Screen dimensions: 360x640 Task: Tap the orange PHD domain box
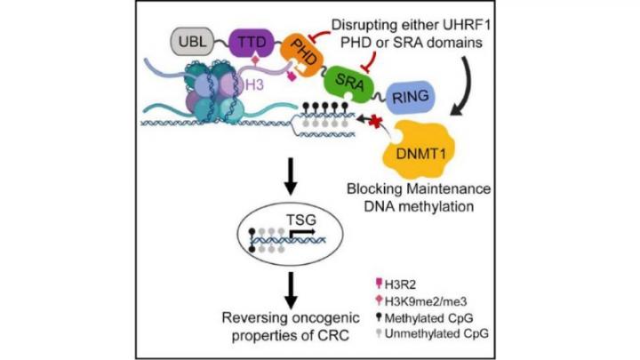point(303,54)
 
